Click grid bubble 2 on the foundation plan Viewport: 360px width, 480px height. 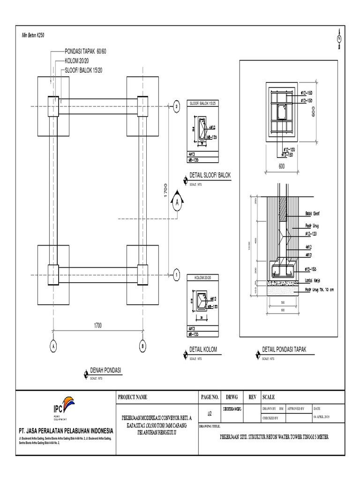pyautogui.click(x=176, y=106)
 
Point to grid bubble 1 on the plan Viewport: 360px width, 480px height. pyautogui.click(x=176, y=274)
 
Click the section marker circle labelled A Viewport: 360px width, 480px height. pyautogui.click(x=178, y=203)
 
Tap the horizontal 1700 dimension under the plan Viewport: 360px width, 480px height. pyautogui.click(x=97, y=325)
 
